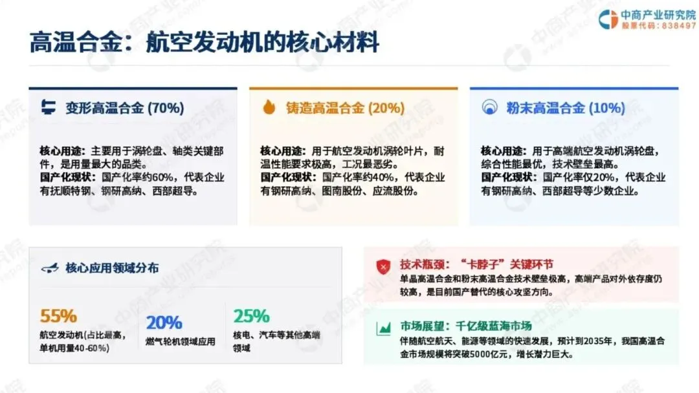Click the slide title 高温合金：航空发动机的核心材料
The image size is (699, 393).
pyautogui.click(x=204, y=42)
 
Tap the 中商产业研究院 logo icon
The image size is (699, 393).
pyautogui.click(x=608, y=19)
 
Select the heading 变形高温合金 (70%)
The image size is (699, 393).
pyautogui.click(x=125, y=108)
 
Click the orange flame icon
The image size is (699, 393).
pyautogui.click(x=269, y=107)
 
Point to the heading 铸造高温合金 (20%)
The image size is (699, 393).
pyautogui.click(x=345, y=108)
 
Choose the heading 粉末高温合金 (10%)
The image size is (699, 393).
pyautogui.click(x=565, y=108)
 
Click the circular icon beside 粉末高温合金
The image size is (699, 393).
pyautogui.click(x=489, y=107)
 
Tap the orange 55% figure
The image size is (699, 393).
pyautogui.click(x=58, y=316)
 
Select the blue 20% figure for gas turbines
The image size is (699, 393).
pyautogui.click(x=164, y=323)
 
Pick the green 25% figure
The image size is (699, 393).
pyautogui.click(x=251, y=316)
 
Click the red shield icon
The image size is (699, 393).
pyautogui.click(x=383, y=266)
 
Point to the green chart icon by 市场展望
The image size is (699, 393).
pyautogui.click(x=383, y=328)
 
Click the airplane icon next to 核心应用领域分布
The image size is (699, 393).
pyautogui.click(x=49, y=268)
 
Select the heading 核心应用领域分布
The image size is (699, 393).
pyautogui.click(x=112, y=268)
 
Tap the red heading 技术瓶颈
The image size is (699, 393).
pyautogui.click(x=422, y=264)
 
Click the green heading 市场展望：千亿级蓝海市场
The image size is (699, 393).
pyautogui.click(x=466, y=326)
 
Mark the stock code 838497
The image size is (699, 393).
pyautogui.click(x=678, y=26)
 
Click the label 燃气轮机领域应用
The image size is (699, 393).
pyautogui.click(x=181, y=342)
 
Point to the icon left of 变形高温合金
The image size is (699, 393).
pyautogui.click(x=48, y=107)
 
